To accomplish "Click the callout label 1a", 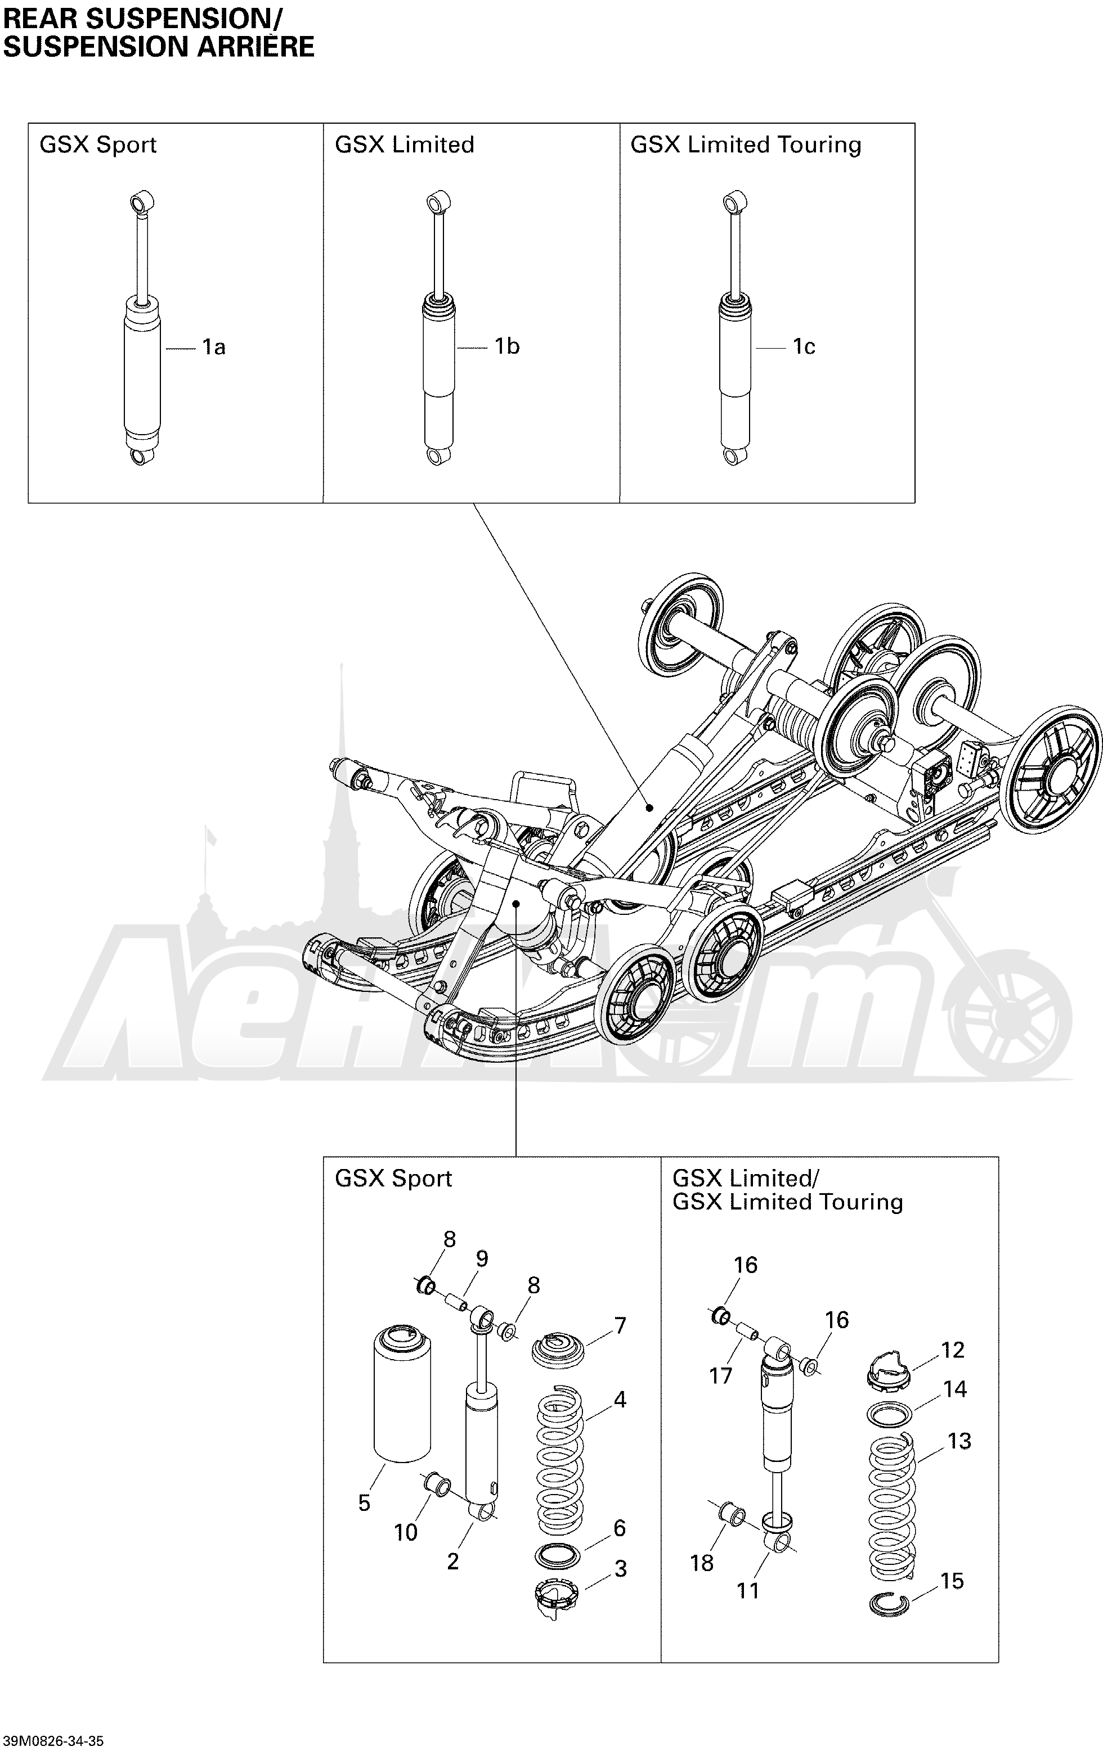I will pos(213,348).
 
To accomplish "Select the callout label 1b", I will pos(506,347).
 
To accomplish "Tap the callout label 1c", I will pos(803,347).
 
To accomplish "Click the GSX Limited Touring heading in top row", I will pos(745,145).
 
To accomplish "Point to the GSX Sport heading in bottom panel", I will pos(393,1179).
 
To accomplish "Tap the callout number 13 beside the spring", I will pos(959,1441).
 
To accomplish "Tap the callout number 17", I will pos(720,1376).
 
